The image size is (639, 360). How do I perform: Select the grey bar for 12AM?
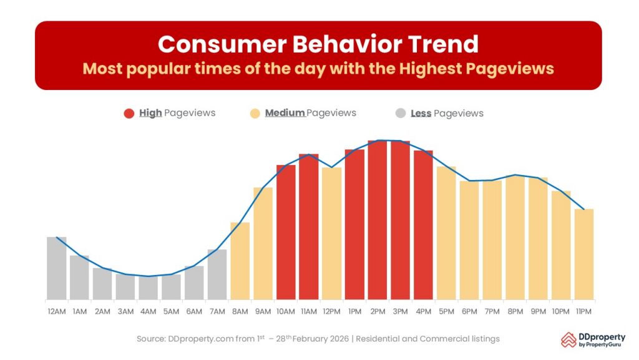56,268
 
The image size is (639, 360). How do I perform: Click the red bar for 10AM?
286,232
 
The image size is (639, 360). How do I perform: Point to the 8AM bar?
240,261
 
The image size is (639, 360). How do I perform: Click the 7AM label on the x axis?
217,311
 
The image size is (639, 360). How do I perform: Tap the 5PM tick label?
446,311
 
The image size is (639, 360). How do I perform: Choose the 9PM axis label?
538,311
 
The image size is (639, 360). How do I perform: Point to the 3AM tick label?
125,311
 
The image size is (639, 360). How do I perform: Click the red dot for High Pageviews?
129,113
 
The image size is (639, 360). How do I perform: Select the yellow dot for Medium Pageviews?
255,113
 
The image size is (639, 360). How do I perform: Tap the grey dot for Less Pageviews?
401,113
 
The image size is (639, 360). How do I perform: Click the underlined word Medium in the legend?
285,113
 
